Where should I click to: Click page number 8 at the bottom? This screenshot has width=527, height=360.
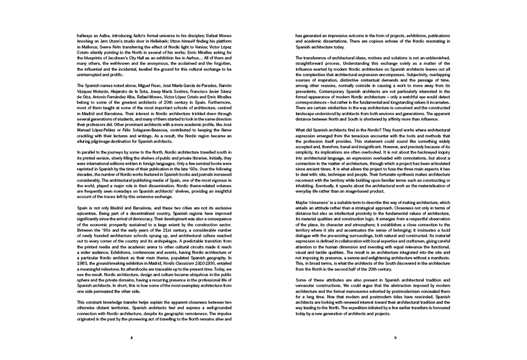pyautogui.click(x=132, y=337)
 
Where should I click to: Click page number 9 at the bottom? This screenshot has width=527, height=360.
pyautogui.click(x=395, y=337)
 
